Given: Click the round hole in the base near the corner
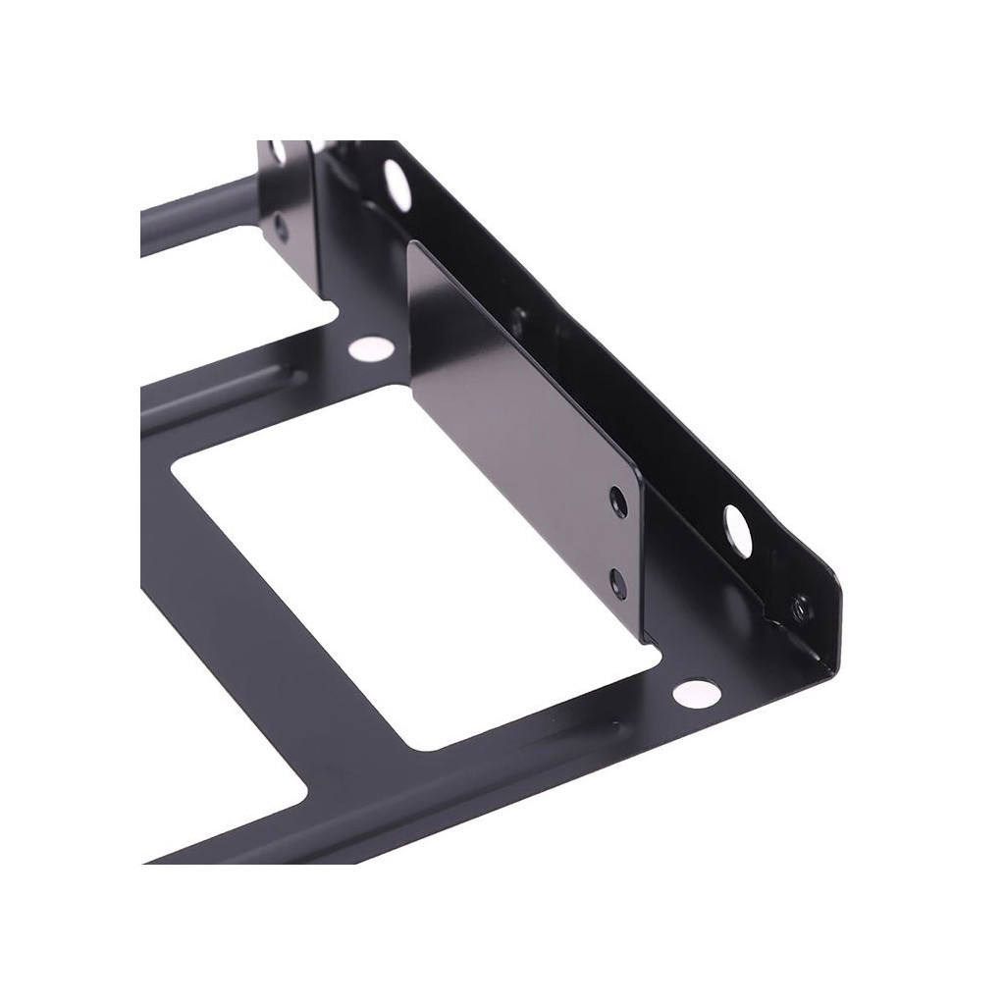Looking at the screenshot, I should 697,693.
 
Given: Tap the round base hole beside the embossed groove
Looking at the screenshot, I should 370,347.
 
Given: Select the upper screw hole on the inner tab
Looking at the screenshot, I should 618,502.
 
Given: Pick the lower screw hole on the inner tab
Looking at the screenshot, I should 617,584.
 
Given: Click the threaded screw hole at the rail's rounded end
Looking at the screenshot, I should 801,608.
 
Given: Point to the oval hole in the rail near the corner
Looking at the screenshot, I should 737,530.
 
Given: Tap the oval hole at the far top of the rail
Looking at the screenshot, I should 397,184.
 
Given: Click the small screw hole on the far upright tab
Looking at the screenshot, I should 282,229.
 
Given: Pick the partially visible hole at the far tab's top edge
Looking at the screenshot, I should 279,150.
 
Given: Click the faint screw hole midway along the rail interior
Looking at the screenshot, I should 517,317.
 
